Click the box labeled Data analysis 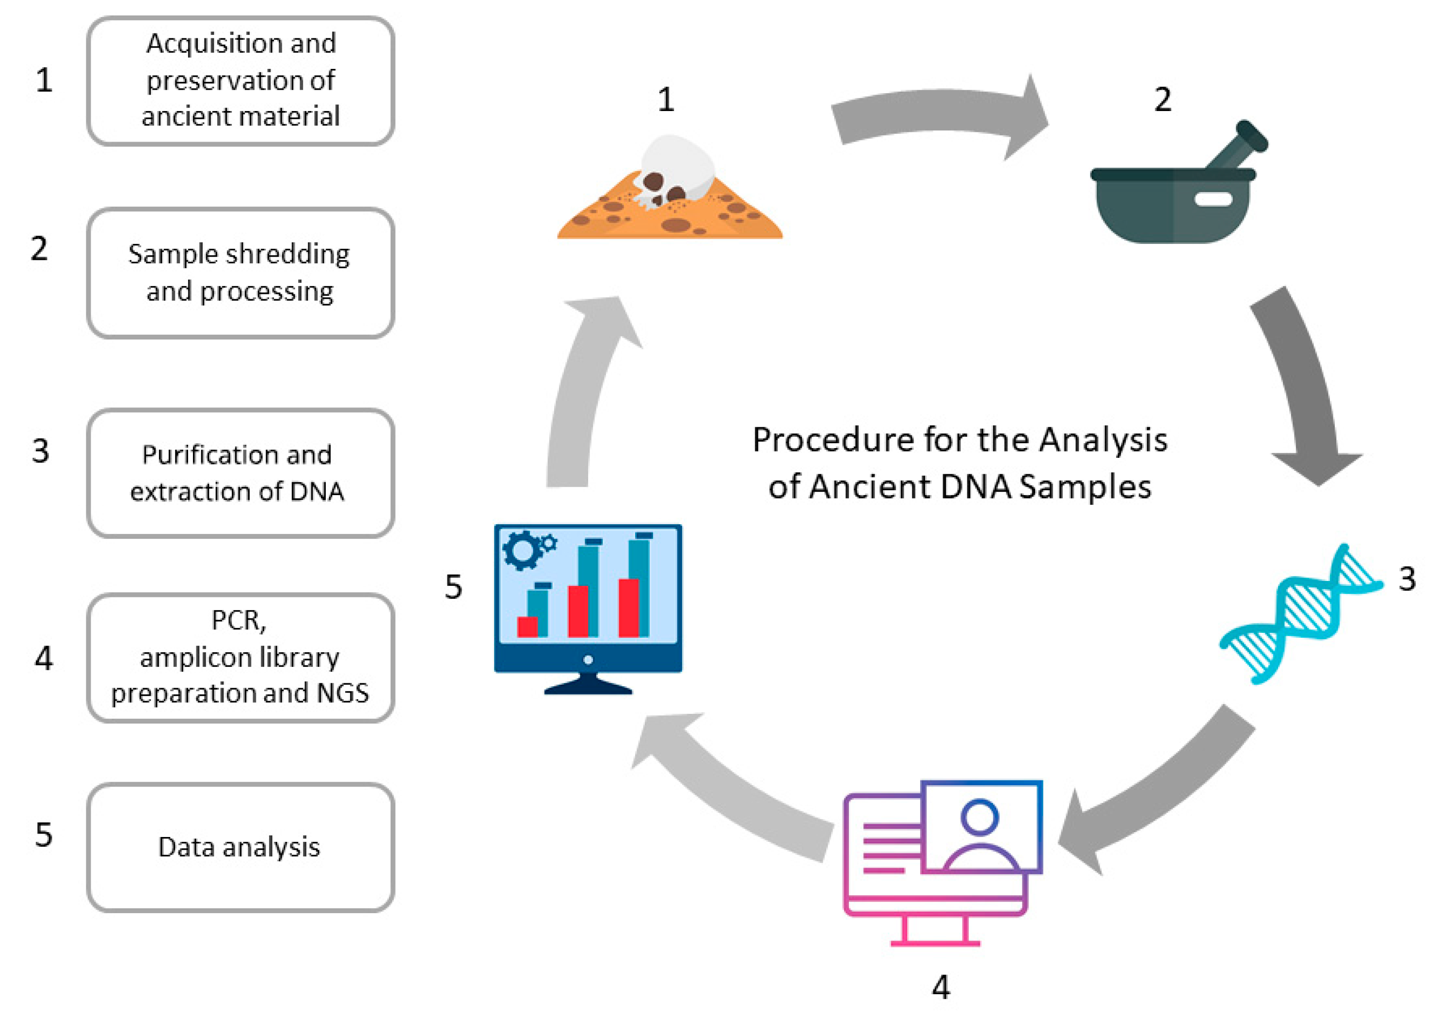point(240,847)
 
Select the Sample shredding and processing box point(240,273)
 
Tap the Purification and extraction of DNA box point(240,473)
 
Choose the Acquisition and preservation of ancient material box point(240,80)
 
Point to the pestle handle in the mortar point(1238,147)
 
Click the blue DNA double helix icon point(1300,614)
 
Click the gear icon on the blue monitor point(522,550)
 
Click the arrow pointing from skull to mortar point(940,116)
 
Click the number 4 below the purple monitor point(940,987)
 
